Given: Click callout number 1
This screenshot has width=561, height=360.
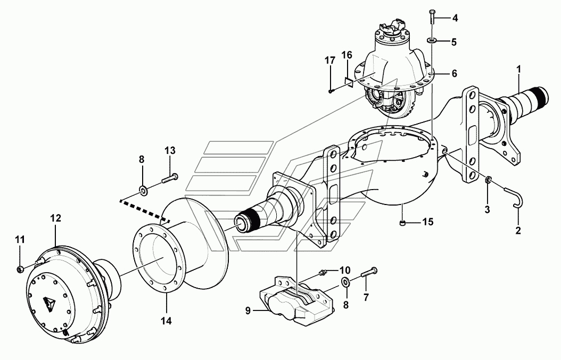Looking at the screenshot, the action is click(519, 68).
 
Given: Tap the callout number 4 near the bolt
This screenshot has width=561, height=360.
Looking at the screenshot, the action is click(455, 18).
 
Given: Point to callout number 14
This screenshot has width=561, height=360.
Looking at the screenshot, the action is click(167, 321).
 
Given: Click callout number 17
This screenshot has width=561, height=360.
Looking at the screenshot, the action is click(330, 60).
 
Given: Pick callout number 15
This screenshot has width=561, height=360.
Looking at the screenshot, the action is click(427, 222).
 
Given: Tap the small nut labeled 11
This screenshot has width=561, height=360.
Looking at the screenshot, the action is click(20, 268).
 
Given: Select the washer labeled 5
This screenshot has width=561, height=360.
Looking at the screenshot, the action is click(432, 41).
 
